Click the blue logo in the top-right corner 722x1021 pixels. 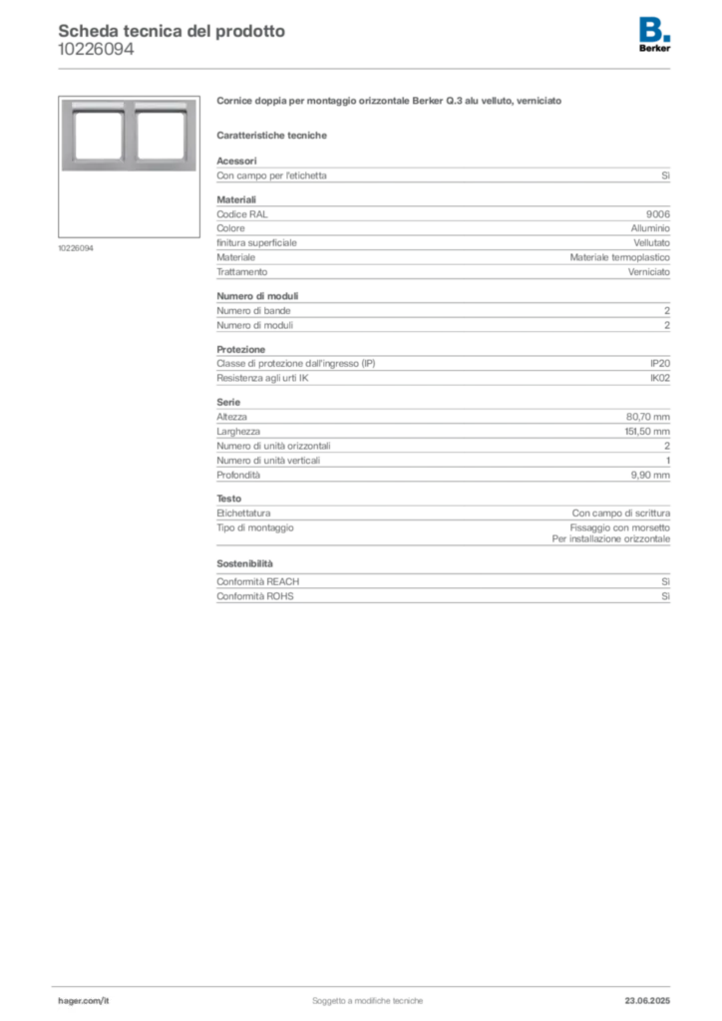click(x=656, y=29)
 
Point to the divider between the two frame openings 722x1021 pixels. click(x=130, y=135)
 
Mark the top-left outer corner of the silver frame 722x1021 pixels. click(x=62, y=98)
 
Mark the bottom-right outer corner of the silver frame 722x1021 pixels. click(x=196, y=172)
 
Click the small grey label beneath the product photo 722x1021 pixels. click(x=76, y=247)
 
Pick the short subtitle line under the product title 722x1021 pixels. click(x=274, y=135)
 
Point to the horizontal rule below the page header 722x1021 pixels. click(x=367, y=68)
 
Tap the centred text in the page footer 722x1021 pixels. click(x=369, y=996)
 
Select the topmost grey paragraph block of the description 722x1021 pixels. click(x=444, y=175)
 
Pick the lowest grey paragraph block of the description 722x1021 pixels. click(x=444, y=586)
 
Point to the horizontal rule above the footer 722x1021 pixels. click(x=367, y=984)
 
